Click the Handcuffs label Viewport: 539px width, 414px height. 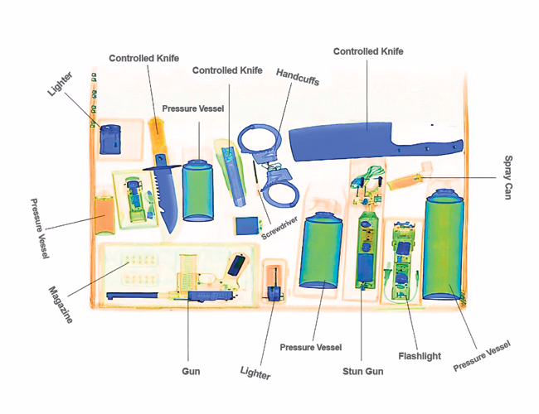pyautogui.click(x=298, y=77)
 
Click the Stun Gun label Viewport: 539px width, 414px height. pyautogui.click(x=363, y=370)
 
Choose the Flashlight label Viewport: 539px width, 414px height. pyautogui.click(x=420, y=356)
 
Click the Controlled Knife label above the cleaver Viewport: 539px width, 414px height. pyautogui.click(x=368, y=51)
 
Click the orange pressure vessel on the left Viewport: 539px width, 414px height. pyautogui.click(x=105, y=215)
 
